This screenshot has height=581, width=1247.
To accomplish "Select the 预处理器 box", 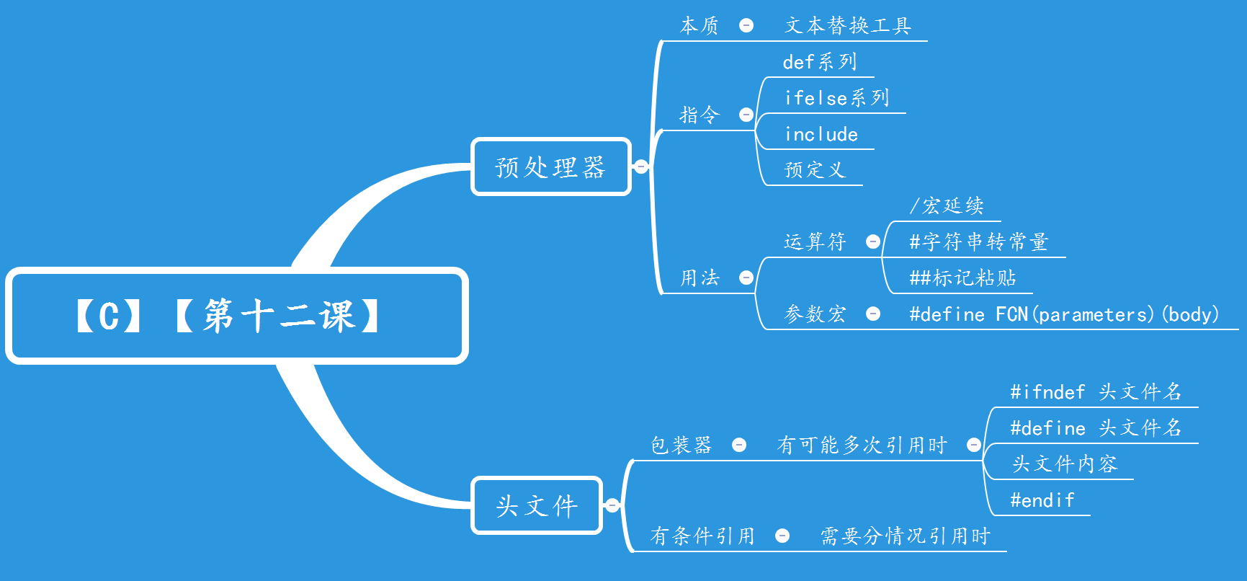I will (x=551, y=167).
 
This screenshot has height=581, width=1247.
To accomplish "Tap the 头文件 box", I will (x=537, y=505).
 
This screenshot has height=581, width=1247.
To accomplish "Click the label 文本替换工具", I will (x=848, y=26).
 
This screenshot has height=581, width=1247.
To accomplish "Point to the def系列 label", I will (x=820, y=62).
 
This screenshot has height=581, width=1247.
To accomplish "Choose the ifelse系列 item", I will (x=836, y=98).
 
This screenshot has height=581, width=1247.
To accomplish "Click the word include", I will (x=821, y=134).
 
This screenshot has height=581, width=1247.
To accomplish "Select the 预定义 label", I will (x=815, y=170).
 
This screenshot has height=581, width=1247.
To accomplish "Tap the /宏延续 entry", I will (x=946, y=206).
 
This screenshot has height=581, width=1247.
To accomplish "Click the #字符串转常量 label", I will (x=978, y=242).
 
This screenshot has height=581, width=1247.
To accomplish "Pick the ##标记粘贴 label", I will (x=962, y=278).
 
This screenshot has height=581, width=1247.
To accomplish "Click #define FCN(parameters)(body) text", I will (x=1063, y=314).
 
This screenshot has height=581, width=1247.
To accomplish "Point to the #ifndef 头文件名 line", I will (x=1095, y=392).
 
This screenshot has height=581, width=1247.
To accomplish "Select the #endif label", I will (x=1042, y=500).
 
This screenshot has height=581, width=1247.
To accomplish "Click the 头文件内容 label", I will (x=1064, y=464).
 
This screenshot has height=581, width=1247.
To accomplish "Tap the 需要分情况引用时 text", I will (x=906, y=536).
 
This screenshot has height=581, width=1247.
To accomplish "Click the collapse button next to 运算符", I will (x=873, y=242).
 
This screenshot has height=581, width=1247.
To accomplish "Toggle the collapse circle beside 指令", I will (x=746, y=115).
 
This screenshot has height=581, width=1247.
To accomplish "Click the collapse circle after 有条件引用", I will (x=782, y=536).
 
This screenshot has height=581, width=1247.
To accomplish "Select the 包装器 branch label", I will (x=681, y=445).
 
